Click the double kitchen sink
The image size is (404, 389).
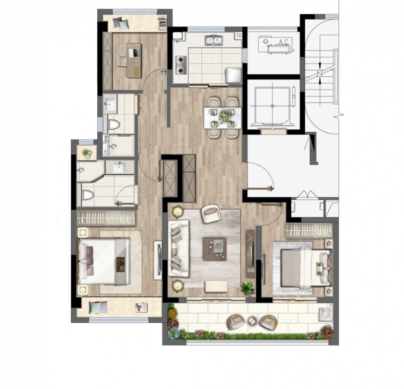(x=214, y=41)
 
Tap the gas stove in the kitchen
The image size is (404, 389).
(x=180, y=65)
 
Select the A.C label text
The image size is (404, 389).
(x=284, y=42)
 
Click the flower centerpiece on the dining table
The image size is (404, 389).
(x=223, y=117)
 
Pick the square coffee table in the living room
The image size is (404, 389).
(x=215, y=249)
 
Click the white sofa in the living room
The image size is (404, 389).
(x=179, y=248)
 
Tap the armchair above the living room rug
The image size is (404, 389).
(x=211, y=213)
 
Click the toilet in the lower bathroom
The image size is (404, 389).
(x=88, y=194)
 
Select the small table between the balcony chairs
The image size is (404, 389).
(x=252, y=320)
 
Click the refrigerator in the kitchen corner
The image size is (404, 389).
(x=233, y=75)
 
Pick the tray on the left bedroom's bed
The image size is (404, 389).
(x=120, y=265)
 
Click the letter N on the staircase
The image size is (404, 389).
(x=320, y=73)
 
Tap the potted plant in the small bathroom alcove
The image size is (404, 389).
(x=87, y=153)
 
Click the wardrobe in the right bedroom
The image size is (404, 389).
(x=309, y=230)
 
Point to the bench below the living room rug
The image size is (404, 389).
(x=216, y=287)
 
